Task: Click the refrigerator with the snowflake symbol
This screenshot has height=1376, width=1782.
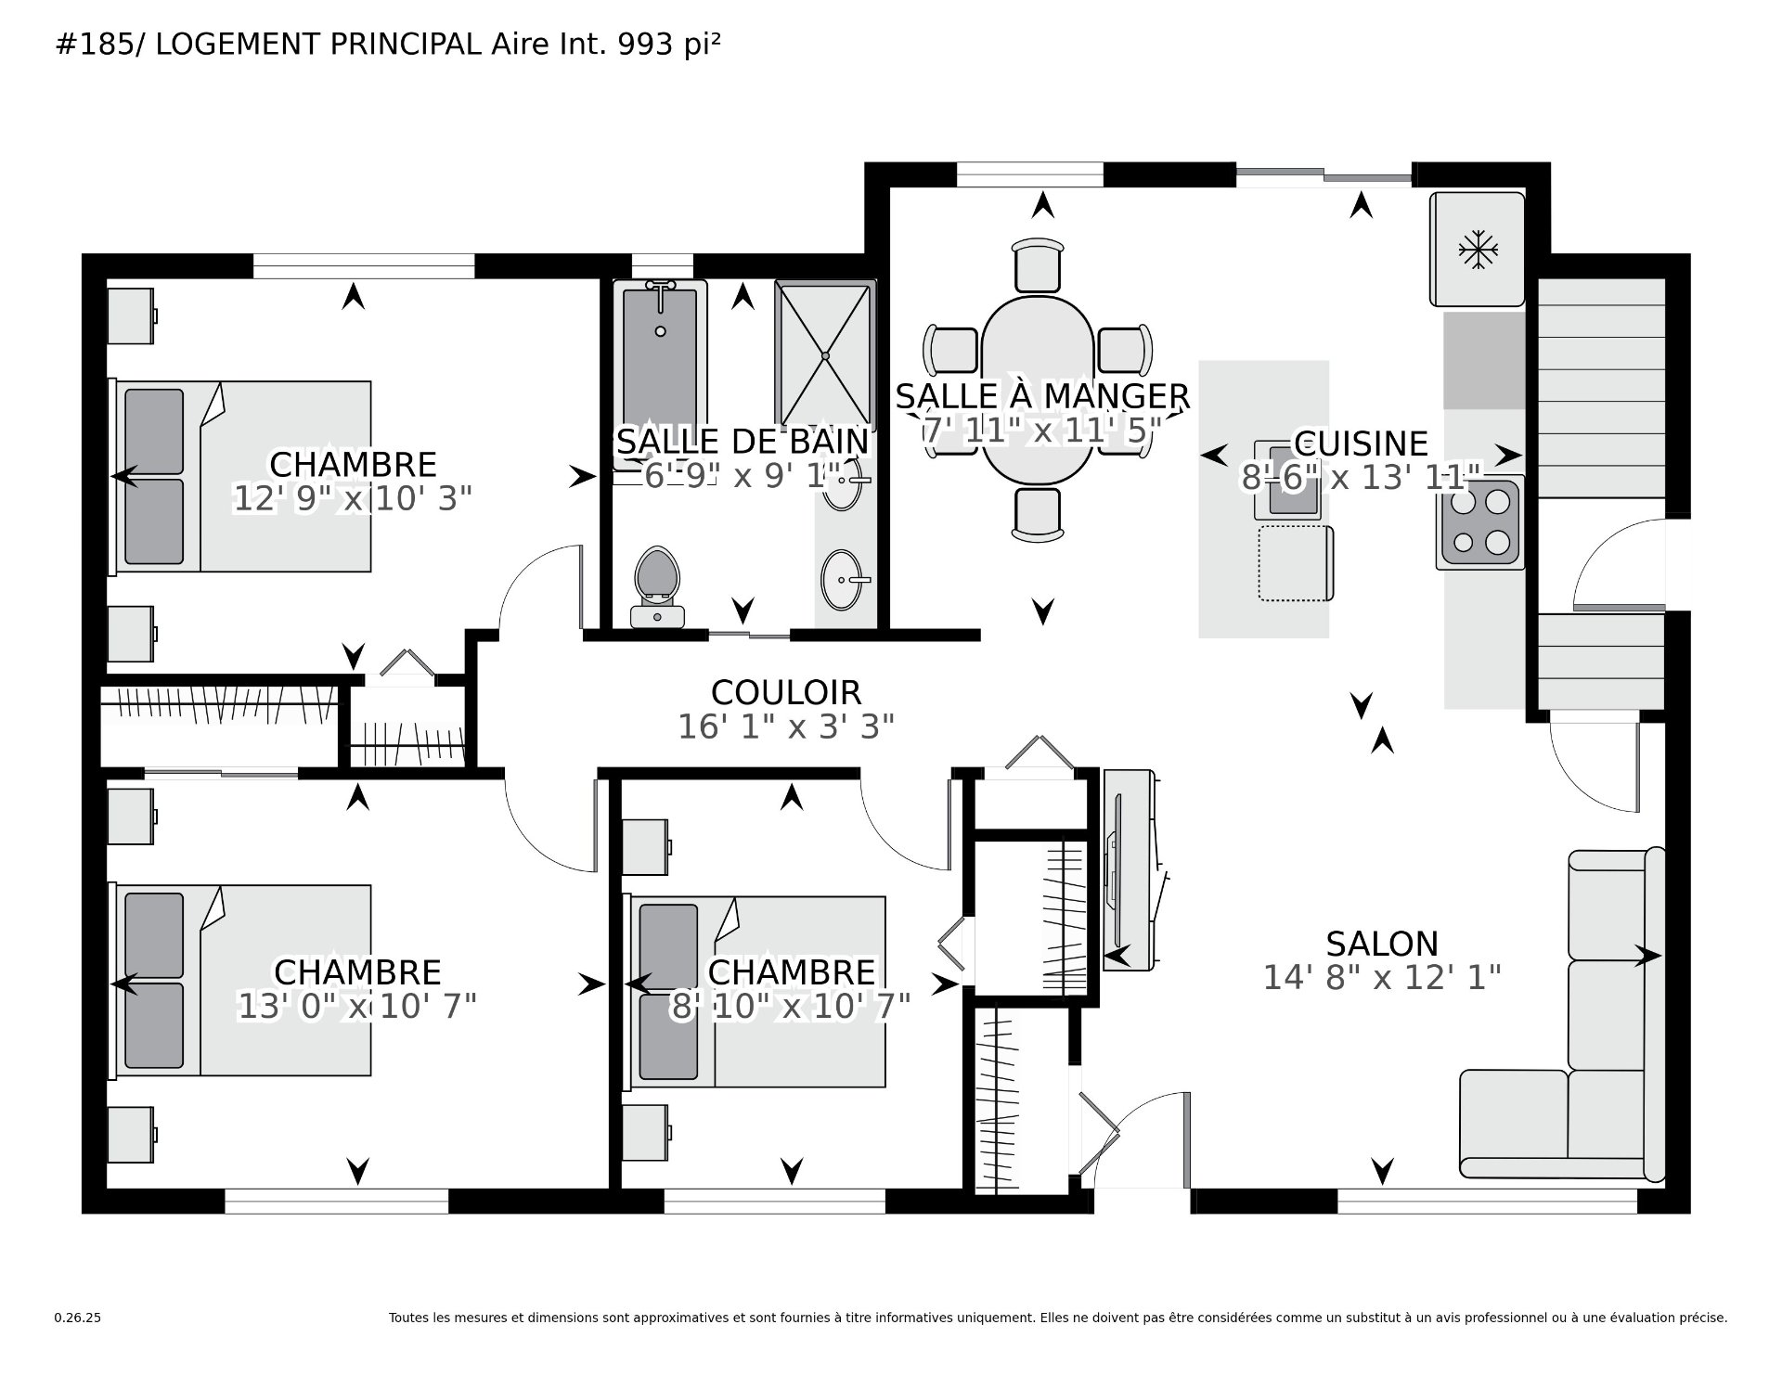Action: point(1477,250)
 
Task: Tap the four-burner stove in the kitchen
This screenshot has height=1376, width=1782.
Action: point(1479,523)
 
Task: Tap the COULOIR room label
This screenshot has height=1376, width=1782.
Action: point(786,692)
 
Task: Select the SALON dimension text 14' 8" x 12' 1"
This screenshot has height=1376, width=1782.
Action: point(1382,977)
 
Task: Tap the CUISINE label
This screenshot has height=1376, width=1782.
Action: point(1361,444)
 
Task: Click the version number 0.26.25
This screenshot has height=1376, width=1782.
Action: point(78,1318)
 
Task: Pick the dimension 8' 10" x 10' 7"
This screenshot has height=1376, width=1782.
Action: point(790,1006)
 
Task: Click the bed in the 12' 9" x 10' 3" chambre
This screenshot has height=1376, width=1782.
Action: point(241,475)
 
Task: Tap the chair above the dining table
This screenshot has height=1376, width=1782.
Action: point(1038,265)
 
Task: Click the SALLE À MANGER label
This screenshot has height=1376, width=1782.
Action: point(1042,396)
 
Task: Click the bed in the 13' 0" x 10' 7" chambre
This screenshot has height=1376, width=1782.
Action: point(241,980)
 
